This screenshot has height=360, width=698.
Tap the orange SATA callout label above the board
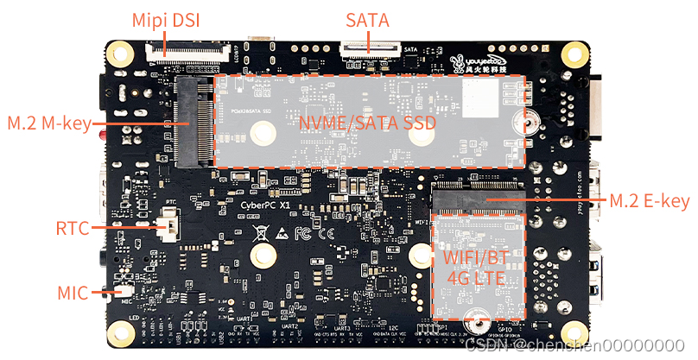click(366, 19)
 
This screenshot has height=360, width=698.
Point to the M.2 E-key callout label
click(649, 201)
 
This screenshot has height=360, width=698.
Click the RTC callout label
click(72, 229)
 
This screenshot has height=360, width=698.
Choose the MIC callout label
click(72, 294)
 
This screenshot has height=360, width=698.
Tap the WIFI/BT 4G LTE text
click(478, 267)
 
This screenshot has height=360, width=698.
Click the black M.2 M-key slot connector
click(194, 122)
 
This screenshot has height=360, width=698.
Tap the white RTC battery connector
click(170, 228)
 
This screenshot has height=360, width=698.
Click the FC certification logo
click(302, 233)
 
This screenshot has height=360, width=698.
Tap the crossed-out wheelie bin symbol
click(259, 233)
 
